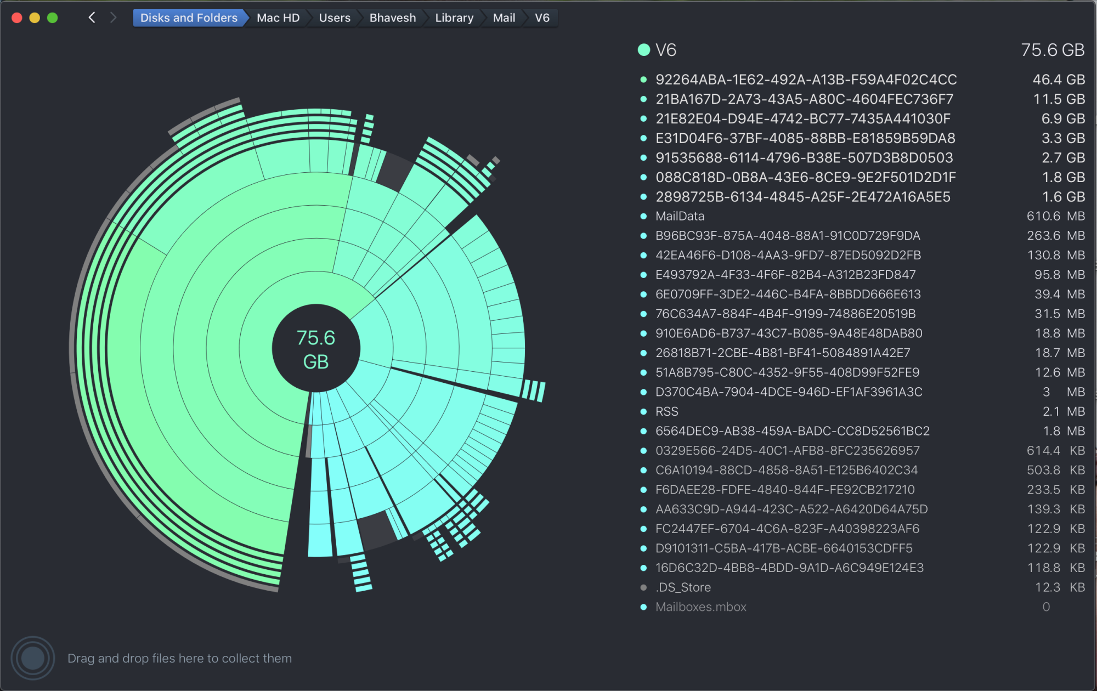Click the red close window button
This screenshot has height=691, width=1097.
17,18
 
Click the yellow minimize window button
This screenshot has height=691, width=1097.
35,18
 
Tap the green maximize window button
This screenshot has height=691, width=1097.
53,18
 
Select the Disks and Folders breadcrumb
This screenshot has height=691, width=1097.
188,18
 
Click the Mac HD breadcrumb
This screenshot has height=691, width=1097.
278,18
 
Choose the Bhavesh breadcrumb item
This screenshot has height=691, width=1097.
392,18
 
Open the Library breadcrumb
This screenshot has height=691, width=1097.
454,18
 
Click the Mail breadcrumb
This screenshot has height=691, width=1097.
504,18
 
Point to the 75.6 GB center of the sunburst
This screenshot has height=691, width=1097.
316,349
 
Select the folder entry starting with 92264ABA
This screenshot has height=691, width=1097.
806,80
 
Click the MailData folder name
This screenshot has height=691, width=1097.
680,216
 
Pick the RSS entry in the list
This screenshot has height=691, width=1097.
666,411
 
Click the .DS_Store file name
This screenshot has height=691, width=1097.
683,587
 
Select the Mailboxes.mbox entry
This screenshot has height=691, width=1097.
700,607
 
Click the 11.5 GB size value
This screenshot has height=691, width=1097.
1059,99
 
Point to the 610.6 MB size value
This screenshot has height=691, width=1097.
1055,216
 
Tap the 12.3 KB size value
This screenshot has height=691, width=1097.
1059,587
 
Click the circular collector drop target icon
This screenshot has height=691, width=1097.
33,658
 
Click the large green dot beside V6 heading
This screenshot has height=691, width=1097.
644,50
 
